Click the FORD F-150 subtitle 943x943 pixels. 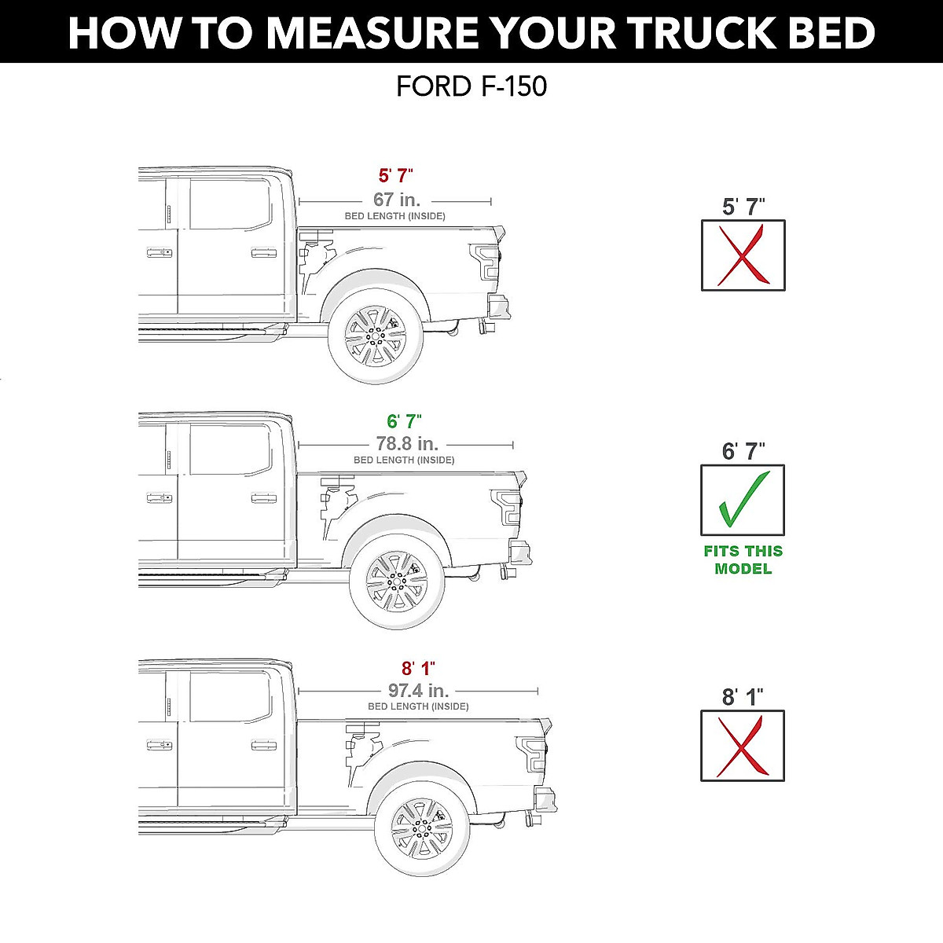coord(472,86)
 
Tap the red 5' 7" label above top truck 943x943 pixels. coord(395,176)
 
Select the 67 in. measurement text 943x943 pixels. coord(396,200)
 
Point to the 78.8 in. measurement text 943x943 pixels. coord(406,444)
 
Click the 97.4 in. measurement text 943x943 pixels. coord(418,690)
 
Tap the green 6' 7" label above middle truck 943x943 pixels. coord(404,422)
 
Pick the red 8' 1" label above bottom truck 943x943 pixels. coord(418,669)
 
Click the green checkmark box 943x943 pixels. coord(743,501)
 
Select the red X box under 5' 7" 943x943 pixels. coord(743,255)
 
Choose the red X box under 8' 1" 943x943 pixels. coord(743,746)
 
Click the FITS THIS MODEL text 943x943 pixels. coord(743,560)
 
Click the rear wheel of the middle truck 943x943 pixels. coord(397,582)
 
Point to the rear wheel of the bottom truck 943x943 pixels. coord(422,828)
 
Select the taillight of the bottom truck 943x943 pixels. coord(532,754)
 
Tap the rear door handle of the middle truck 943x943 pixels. coord(264,498)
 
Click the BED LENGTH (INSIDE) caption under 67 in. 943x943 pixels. coord(395,216)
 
